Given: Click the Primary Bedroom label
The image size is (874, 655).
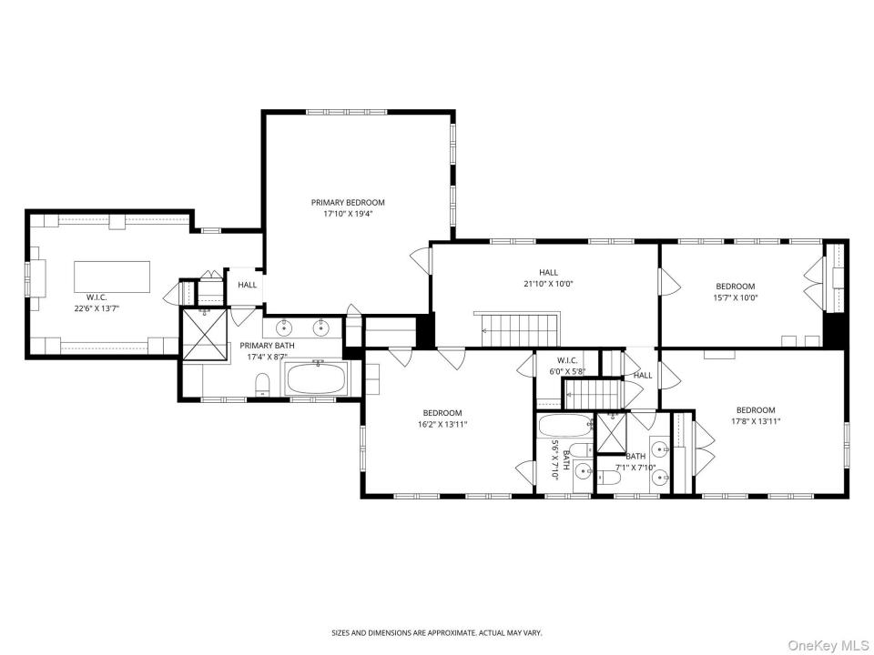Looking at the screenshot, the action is point(348,203).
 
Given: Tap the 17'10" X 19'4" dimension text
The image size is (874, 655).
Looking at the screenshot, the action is point(348,213).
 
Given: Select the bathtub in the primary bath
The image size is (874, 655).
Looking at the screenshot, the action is point(316,378).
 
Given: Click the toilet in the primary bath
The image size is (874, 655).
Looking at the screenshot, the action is point(262,385).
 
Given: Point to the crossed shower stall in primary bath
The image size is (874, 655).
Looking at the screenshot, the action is point(205,335).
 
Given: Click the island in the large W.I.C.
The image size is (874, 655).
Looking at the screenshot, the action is point(112,277).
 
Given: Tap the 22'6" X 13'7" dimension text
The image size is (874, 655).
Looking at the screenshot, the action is point(96,307).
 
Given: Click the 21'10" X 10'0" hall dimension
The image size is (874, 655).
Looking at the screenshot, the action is point(548,284).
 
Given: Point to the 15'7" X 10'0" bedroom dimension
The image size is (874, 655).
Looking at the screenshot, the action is point(736,297).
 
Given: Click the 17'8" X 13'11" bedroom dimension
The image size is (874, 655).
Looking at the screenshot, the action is point(756,421).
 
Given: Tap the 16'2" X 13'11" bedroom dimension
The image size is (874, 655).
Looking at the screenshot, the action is point(442,425).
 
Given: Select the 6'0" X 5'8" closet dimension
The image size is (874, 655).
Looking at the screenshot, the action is point(567,370).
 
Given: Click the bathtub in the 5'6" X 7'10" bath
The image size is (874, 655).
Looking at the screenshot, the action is point(565,426).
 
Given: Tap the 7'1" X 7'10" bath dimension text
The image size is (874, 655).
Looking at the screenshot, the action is point(635,468).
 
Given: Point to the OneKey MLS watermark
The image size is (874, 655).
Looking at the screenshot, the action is point(828,645).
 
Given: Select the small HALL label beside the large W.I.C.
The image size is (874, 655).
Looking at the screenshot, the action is point(248,285).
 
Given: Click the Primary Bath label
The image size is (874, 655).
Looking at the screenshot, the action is point(267,346).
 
